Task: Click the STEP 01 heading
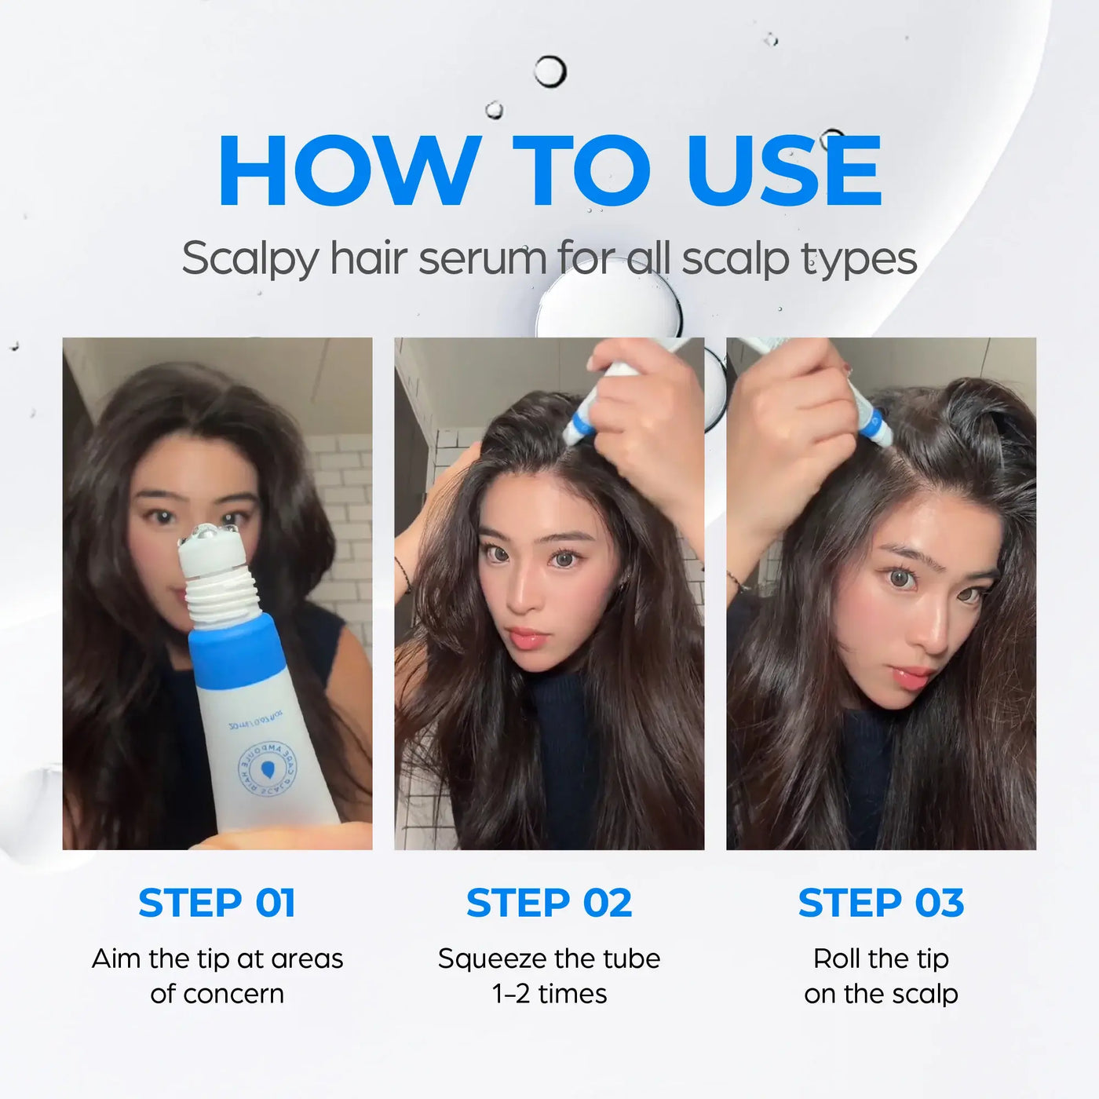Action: (217, 903)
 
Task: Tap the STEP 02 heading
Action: (549, 903)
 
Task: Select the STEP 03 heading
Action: (881, 903)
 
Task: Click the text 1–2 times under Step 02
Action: (549, 994)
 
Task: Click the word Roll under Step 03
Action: (838, 958)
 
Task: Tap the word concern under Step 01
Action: (233, 994)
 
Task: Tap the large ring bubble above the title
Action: (550, 71)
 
